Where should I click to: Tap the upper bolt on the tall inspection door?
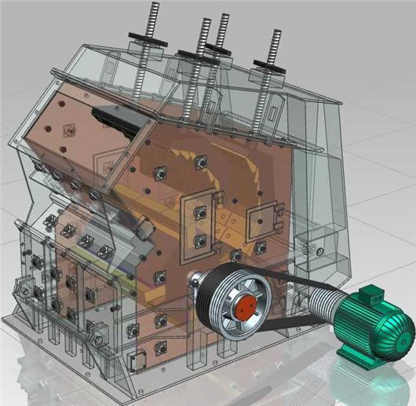(x=199, y=210)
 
